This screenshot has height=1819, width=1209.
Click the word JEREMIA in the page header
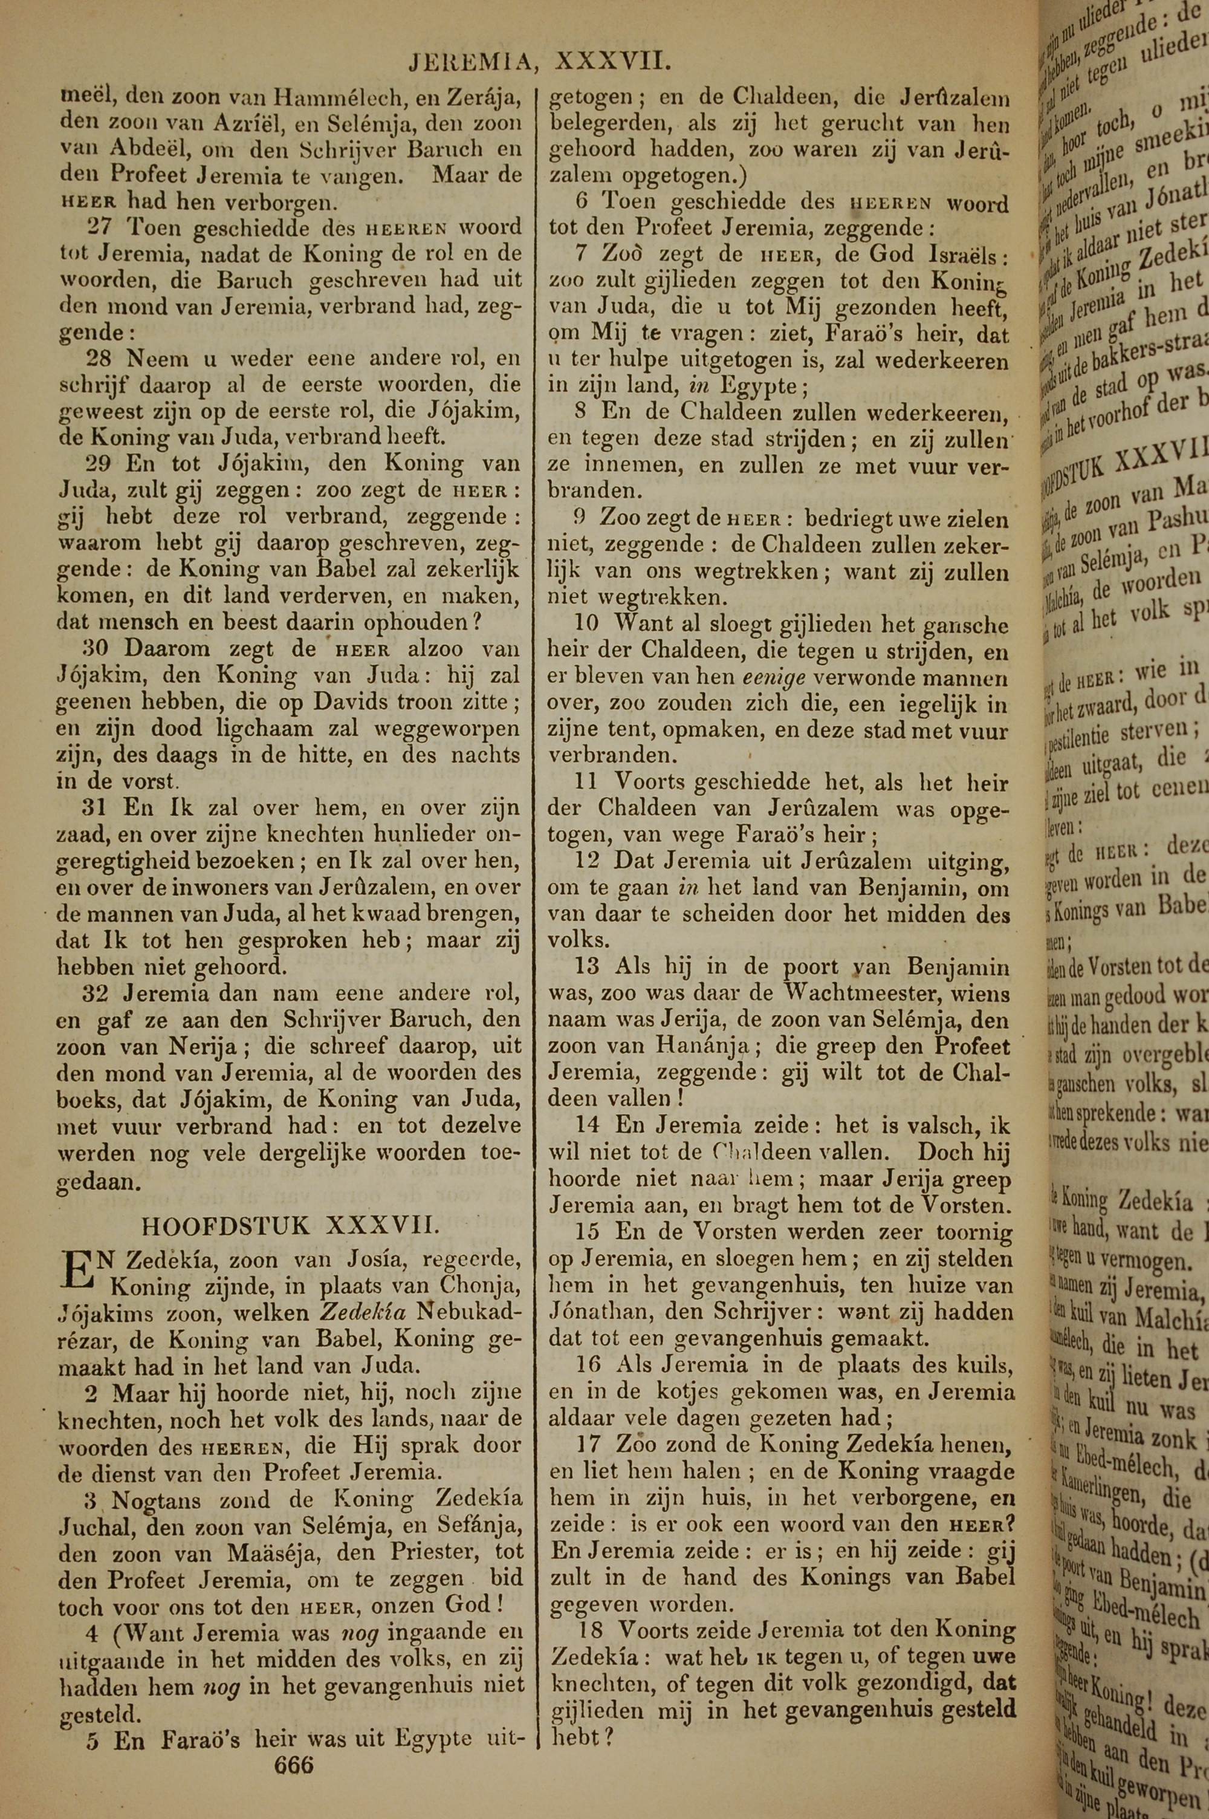470,62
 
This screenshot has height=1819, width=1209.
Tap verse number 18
593,1608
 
